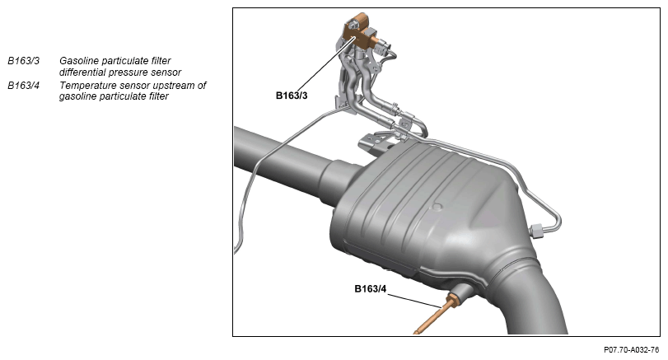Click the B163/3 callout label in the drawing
tap(292, 96)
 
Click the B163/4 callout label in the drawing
tap(370, 289)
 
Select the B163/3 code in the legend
tap(23, 61)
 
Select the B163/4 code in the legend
tap(23, 86)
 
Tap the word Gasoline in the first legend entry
tap(79, 61)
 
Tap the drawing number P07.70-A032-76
tap(631, 350)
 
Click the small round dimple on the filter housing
tap(437, 208)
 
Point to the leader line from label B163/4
tap(414, 301)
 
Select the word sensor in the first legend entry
tap(167, 72)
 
